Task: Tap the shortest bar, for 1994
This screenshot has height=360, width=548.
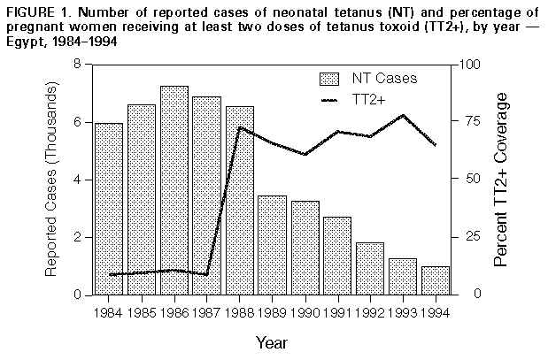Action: pos(435,280)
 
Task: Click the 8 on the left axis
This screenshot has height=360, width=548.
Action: pos(76,65)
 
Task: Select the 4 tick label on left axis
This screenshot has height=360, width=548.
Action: pos(76,180)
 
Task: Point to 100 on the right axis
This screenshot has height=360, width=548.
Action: pos(469,65)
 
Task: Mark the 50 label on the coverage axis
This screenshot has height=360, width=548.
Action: pos(467,180)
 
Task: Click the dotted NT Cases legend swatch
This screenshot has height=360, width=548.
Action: pos(329,78)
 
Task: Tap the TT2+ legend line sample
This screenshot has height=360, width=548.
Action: pos(329,100)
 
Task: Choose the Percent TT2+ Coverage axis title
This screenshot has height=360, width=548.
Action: pos(501,180)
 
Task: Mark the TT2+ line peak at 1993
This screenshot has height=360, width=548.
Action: pos(403,115)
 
